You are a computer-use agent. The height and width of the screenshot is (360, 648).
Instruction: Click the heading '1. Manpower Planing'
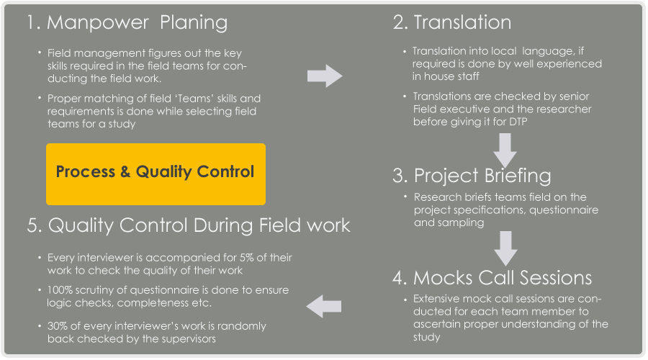pos(127,23)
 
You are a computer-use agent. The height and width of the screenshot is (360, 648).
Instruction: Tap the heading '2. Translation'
pos(451,22)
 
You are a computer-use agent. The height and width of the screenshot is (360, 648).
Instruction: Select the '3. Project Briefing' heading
pos(472,176)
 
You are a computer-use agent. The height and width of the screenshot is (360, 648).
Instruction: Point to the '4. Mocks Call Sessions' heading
pos(492,278)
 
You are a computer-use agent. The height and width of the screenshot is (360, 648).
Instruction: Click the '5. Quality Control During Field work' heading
pos(189,226)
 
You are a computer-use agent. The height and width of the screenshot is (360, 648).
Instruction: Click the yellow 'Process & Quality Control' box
pos(156,174)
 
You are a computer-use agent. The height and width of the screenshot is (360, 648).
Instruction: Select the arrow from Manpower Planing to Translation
pos(325,76)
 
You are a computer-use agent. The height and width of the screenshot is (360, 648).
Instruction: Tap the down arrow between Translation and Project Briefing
pos(505,150)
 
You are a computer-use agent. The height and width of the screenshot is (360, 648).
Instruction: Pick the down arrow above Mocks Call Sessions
pos(505,248)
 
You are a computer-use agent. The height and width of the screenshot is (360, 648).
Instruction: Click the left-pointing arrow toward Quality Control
pos(323,306)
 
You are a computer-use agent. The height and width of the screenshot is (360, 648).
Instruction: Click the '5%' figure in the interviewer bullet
pos(246,258)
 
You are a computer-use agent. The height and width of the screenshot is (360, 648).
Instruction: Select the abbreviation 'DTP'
pos(518,122)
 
